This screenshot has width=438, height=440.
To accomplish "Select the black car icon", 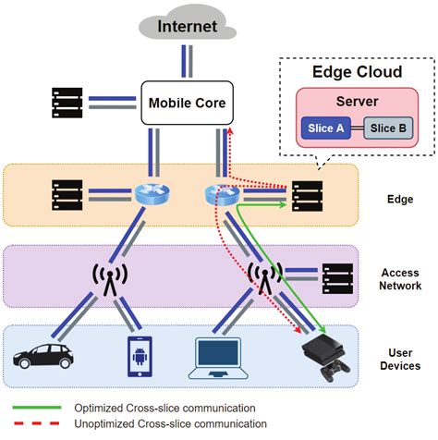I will (x=43, y=355).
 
